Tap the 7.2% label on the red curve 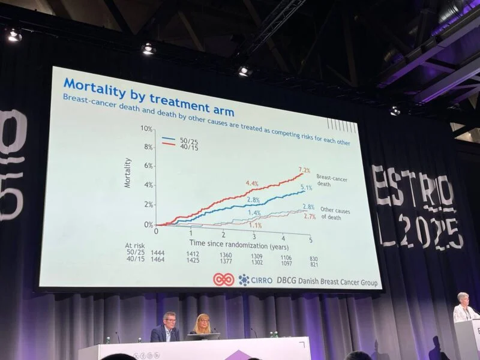pyautogui.click(x=305, y=170)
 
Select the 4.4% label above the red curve pyautogui.click(x=252, y=184)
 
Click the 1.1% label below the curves pyautogui.click(x=256, y=226)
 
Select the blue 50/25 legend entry pyautogui.click(x=178, y=140)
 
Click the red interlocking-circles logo pyautogui.click(x=224, y=280)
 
